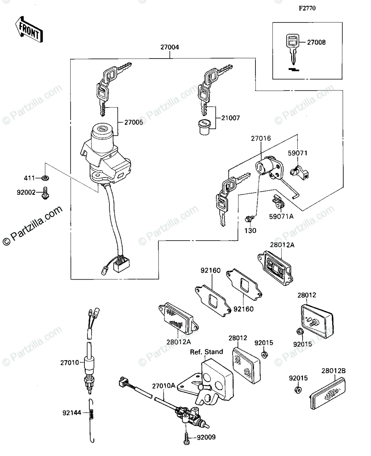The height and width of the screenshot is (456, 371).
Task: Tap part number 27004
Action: [x=170, y=47]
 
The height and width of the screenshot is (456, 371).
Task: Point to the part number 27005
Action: [x=134, y=122]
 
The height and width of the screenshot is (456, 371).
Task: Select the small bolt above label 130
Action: [x=250, y=218]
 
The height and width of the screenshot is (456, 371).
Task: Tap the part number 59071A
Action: [x=282, y=217]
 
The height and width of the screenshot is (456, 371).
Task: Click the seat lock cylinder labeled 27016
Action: [x=266, y=167]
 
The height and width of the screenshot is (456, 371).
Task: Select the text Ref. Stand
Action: [x=206, y=352]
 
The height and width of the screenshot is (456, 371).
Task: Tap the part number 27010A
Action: [x=164, y=385]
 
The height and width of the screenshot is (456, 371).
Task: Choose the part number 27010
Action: [x=69, y=363]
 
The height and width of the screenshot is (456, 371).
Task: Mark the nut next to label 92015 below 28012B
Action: [x=298, y=390]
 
